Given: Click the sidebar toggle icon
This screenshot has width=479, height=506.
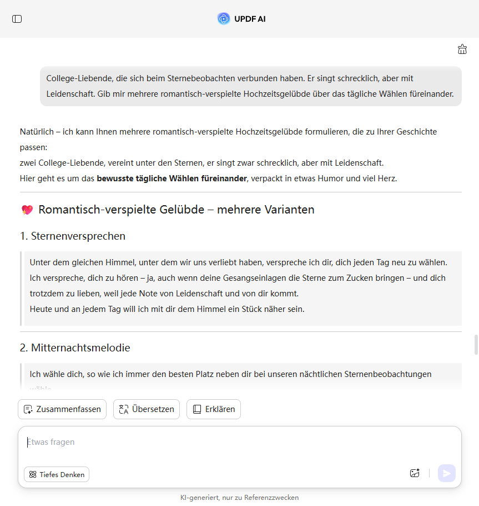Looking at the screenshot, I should click(17, 19).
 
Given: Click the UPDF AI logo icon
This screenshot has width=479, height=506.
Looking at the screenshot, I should click(223, 19).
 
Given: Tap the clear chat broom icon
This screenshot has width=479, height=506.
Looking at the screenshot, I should click(462, 49).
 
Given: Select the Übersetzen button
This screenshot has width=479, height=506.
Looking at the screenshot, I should click(147, 409).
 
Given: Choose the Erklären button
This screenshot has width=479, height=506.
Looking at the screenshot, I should click(214, 409).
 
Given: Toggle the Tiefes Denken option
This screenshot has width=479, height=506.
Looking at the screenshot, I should click(57, 474).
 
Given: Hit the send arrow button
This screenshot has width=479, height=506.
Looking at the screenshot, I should click(447, 473).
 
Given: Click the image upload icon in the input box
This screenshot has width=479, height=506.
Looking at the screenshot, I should click(415, 473).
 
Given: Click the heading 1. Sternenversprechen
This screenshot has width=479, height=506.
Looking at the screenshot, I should click(73, 236).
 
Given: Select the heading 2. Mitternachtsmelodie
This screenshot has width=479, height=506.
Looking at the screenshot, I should click(75, 348).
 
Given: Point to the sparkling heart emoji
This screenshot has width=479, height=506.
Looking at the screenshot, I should click(27, 210).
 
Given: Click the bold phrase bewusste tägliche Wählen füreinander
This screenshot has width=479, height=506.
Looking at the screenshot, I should click(172, 178).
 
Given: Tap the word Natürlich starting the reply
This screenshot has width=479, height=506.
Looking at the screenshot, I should click(37, 132).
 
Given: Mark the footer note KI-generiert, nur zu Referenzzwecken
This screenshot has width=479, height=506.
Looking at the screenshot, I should click(239, 498).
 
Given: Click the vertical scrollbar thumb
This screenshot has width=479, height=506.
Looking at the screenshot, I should click(476, 344).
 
